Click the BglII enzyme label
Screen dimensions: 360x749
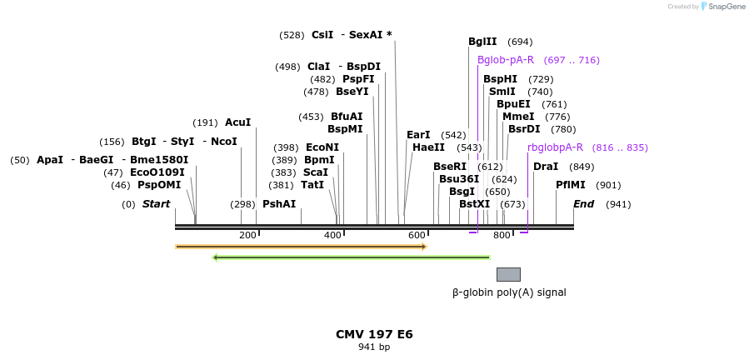tap(482, 42)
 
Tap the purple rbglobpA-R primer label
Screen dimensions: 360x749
tap(555, 147)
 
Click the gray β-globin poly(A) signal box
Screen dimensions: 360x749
tap(508, 274)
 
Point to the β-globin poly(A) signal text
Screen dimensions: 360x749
tap(508, 292)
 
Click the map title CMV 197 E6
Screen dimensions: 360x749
tap(374, 334)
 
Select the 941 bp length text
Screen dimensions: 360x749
tap(374, 347)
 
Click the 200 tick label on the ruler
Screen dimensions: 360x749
tap(247, 235)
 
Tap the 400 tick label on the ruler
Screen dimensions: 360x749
tap(332, 235)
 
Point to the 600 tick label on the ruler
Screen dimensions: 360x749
tap(417, 235)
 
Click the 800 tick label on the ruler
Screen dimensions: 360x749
tap(502, 235)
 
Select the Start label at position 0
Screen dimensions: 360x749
tap(156, 204)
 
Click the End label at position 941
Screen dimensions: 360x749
tap(583, 204)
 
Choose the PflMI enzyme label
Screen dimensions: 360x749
tap(571, 185)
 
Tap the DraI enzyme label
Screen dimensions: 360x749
tap(546, 166)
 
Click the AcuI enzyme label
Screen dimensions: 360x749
tap(237, 122)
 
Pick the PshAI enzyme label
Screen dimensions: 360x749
tap(279, 204)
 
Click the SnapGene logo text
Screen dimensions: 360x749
tap(727, 7)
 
